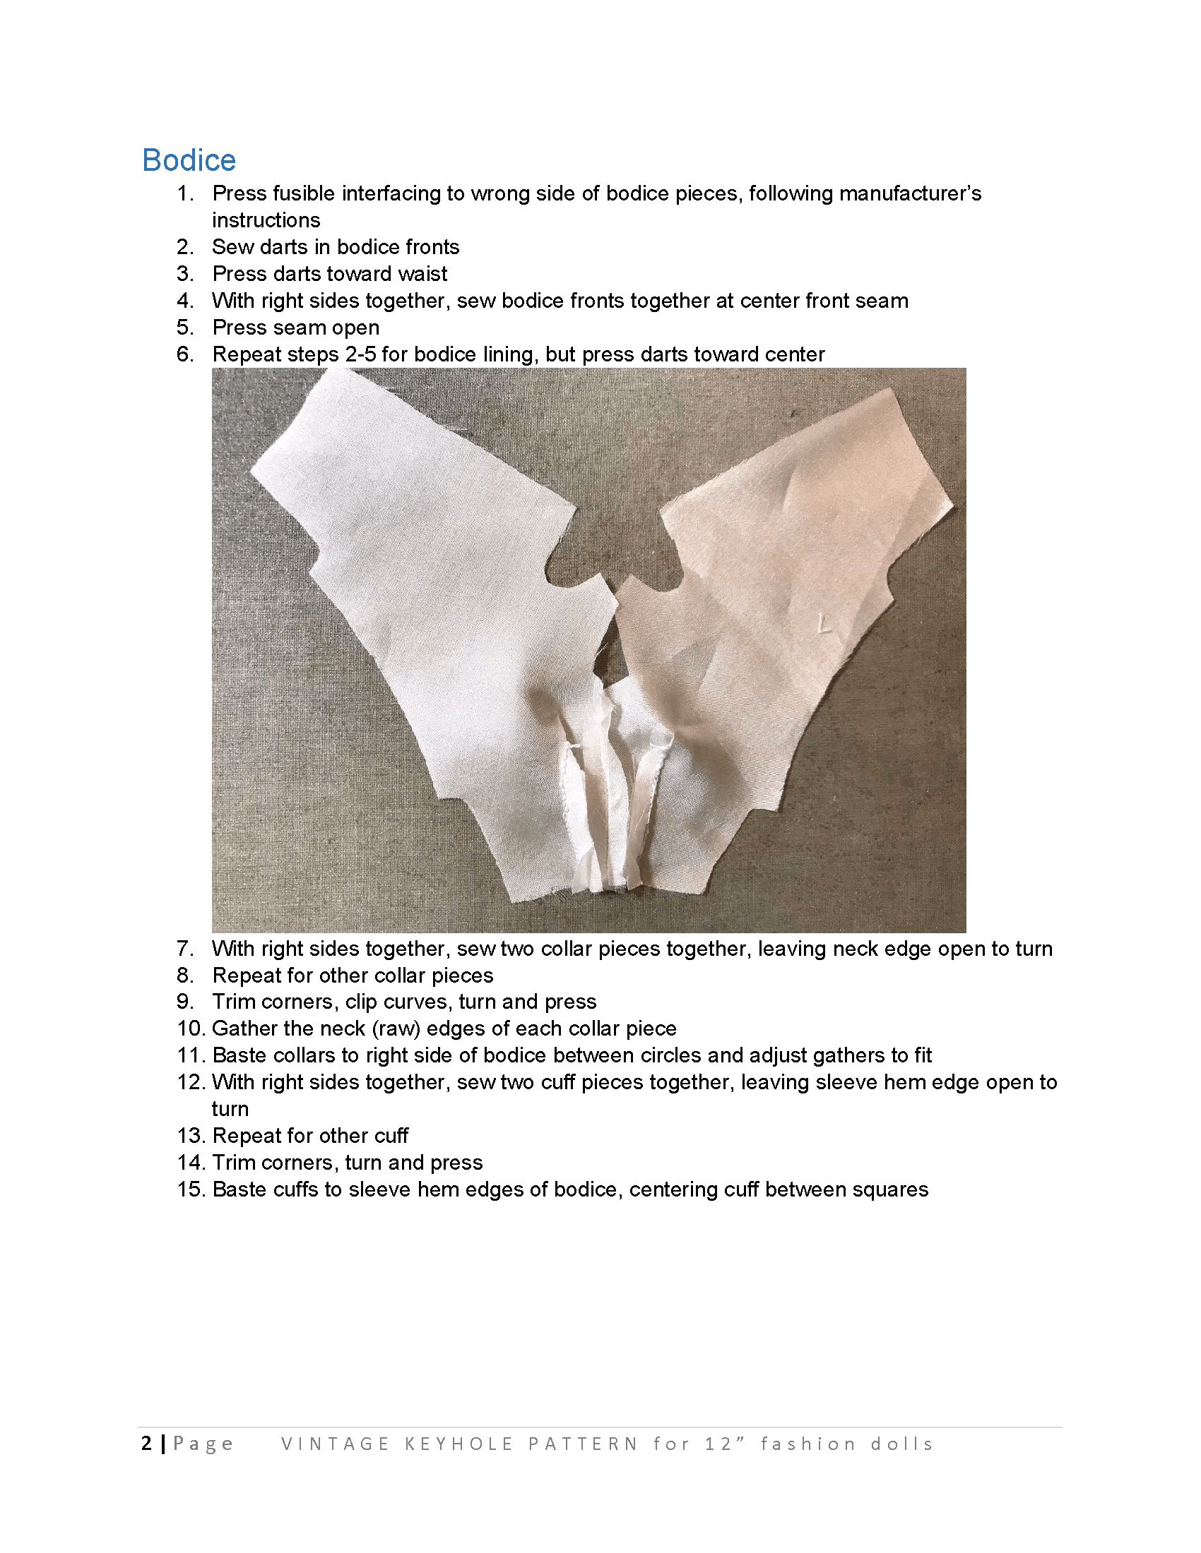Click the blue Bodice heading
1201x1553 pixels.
[x=189, y=160]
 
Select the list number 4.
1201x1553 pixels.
[x=184, y=301]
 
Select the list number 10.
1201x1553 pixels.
[x=190, y=1029]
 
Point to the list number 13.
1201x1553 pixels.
[x=190, y=1136]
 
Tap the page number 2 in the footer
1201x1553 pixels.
[x=146, y=1443]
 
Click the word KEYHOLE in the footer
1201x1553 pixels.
[x=459, y=1444]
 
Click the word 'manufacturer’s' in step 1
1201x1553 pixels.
[x=865, y=193]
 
